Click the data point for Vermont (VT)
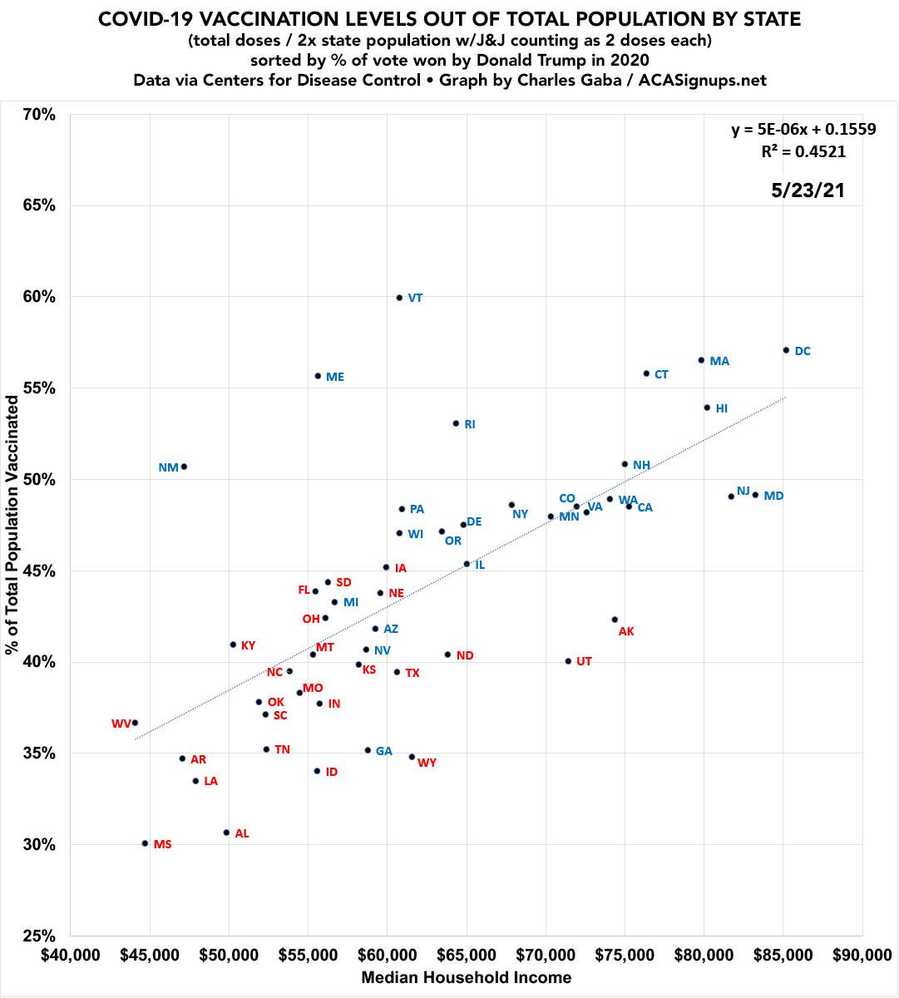[x=399, y=298]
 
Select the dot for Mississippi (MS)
[x=145, y=843]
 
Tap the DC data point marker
[x=786, y=350]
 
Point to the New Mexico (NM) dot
[x=184, y=467]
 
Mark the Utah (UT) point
[x=568, y=661]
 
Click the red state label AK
[x=626, y=632]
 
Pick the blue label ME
[x=335, y=377]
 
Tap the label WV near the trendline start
[x=121, y=724]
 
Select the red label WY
[x=427, y=763]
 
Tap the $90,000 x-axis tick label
[x=862, y=953]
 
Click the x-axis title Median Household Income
[x=466, y=978]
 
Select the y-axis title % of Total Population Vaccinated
[x=12, y=524]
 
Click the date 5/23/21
[x=808, y=190]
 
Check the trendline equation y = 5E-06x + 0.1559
[x=803, y=129]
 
